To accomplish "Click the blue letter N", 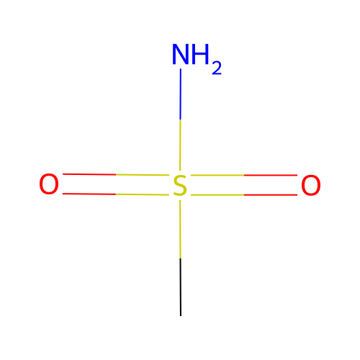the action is point(181,55).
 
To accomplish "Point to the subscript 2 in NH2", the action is point(217,68).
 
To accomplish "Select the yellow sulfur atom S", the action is point(180,186).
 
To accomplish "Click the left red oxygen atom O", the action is point(49,184).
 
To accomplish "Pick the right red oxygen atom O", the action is point(311,185).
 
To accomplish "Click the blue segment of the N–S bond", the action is point(181,94).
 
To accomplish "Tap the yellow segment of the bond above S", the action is point(180,145).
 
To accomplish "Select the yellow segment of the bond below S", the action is point(180,229).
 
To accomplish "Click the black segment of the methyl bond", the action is point(181,287).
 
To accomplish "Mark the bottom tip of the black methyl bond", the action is point(181,316).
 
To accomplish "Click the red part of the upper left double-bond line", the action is point(89,174).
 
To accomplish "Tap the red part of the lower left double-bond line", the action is point(89,194).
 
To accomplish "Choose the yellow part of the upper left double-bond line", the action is point(143,175).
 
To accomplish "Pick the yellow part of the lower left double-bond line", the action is point(143,194).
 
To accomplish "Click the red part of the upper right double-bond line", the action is point(271,175).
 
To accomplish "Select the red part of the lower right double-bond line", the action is point(271,195).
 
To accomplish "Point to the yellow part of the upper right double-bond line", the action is point(217,175).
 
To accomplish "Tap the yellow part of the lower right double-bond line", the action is point(217,195).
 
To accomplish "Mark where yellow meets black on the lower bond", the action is point(181,258).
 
